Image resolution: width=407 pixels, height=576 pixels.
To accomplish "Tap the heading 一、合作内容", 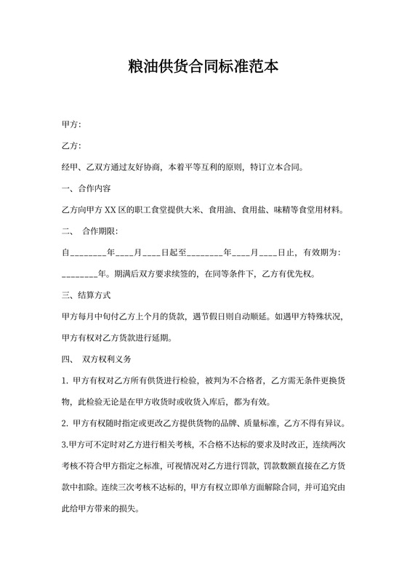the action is click(86, 189).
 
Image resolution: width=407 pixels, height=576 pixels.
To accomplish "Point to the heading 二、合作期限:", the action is click(90, 231).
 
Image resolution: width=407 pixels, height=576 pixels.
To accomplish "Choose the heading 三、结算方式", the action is click(86, 295).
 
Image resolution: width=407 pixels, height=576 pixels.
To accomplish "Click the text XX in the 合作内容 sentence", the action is click(111, 211).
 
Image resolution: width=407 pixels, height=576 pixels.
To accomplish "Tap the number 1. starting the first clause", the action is click(66, 381).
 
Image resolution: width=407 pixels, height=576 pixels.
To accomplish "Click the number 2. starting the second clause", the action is click(66, 423).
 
